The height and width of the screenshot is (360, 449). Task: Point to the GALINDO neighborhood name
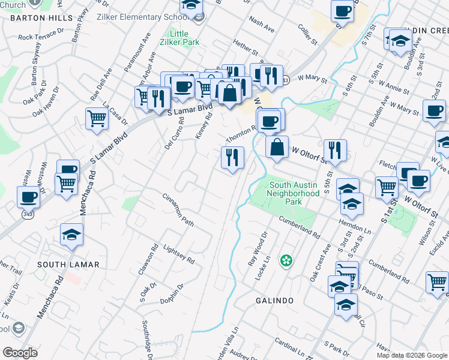tap(274, 300)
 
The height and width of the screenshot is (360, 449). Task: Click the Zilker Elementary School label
tap(143, 17)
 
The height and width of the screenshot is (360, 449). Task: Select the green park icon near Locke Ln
tap(287, 260)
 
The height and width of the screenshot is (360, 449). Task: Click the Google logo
tap(20, 352)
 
